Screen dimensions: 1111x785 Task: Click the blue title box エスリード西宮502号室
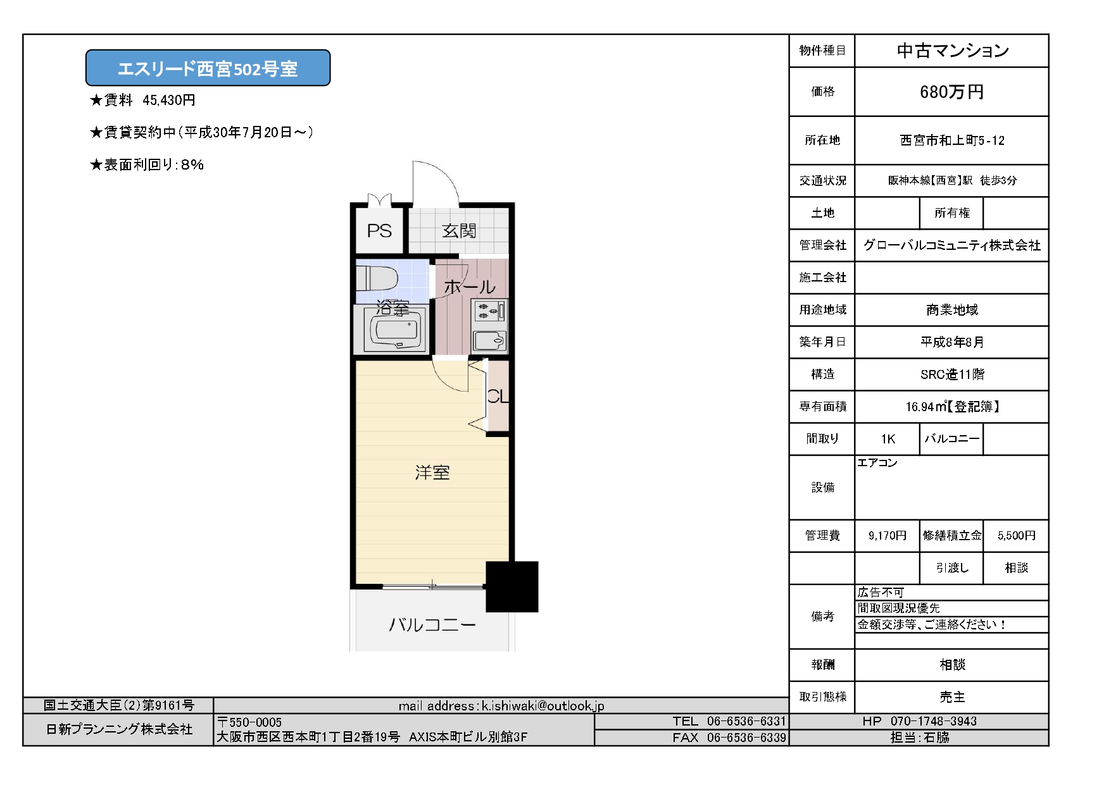pyautogui.click(x=208, y=68)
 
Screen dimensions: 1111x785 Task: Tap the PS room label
pyautogui.click(x=379, y=231)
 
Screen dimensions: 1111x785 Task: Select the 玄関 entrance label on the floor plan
pyautogui.click(x=459, y=231)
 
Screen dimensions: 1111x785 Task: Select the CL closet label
pyautogui.click(x=498, y=397)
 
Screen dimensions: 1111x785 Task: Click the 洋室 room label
pyautogui.click(x=432, y=473)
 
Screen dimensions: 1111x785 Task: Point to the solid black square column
pyautogui.click(x=512, y=586)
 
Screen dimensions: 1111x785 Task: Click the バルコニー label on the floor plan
pyautogui.click(x=432, y=625)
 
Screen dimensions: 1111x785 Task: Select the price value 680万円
pyautogui.click(x=951, y=92)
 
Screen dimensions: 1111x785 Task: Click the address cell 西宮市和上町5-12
pyautogui.click(x=952, y=140)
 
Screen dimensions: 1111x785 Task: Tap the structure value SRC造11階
pyautogui.click(x=952, y=374)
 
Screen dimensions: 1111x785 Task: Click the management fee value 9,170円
pyautogui.click(x=888, y=536)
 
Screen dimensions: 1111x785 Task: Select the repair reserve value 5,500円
pyautogui.click(x=1017, y=536)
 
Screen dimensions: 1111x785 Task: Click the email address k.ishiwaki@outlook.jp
pyautogui.click(x=543, y=706)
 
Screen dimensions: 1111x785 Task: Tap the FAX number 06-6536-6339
pyautogui.click(x=746, y=738)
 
